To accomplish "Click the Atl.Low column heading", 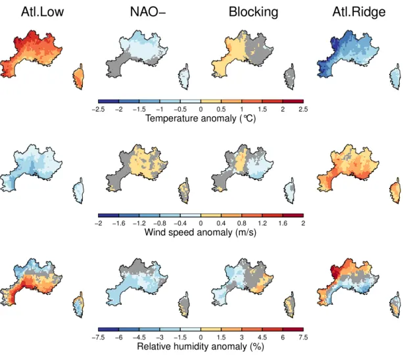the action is pyautogui.click(x=43, y=12).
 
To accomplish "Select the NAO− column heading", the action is pyautogui.click(x=148, y=12).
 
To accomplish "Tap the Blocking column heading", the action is pyautogui.click(x=253, y=12).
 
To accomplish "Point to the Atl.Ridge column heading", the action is pyautogui.click(x=359, y=12).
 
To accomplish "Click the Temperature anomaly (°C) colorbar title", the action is pyautogui.click(x=201, y=118).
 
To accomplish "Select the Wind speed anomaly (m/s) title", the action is pyautogui.click(x=201, y=233).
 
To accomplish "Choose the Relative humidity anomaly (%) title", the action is pyautogui.click(x=201, y=346).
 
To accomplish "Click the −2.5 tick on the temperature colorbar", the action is pyautogui.click(x=98, y=110).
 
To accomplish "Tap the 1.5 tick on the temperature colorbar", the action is pyautogui.click(x=262, y=110).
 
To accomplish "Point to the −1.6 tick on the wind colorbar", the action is pyautogui.click(x=119, y=223).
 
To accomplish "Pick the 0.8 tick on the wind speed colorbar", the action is pyautogui.click(x=241, y=223).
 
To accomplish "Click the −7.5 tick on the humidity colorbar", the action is pyautogui.click(x=98, y=338).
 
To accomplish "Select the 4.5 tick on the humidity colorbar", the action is pyautogui.click(x=262, y=338).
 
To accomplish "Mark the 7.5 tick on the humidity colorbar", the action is pyautogui.click(x=303, y=338).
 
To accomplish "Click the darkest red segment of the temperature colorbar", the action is pyautogui.click(x=293, y=101).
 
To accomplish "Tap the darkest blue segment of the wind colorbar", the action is pyautogui.click(x=108, y=215).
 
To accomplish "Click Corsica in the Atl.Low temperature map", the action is pyautogui.click(x=78, y=76).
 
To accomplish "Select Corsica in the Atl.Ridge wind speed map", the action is pyautogui.click(x=395, y=191).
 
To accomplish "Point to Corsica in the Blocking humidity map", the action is pyautogui.click(x=290, y=305).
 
